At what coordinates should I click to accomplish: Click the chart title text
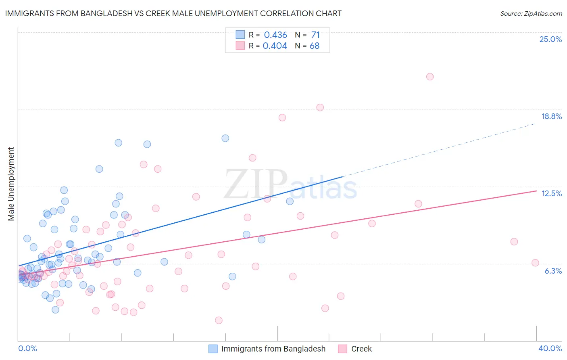coord(173,13)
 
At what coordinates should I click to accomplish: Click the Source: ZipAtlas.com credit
coord(531,13)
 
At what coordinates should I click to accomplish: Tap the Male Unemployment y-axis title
coord(11,184)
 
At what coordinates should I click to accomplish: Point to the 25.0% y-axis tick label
coord(550,39)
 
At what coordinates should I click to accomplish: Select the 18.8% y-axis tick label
coord(551,116)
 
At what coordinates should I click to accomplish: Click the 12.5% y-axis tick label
coord(551,193)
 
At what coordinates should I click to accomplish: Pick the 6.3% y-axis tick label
coord(553,271)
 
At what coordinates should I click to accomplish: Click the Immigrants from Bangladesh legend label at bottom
coord(273,349)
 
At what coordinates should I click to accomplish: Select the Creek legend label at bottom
coord(361,349)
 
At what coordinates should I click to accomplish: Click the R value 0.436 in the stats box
coord(275,35)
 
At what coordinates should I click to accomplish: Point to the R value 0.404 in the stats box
coord(275,46)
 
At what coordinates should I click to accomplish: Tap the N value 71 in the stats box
coord(315,35)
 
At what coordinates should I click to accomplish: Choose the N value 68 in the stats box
coord(315,46)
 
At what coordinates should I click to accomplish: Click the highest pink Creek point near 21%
coord(430,77)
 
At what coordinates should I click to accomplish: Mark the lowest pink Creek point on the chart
coord(219,320)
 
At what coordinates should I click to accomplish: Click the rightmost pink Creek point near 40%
coord(535,263)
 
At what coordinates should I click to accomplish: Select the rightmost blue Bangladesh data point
coord(290,201)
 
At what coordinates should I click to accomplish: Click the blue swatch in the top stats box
coord(240,35)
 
